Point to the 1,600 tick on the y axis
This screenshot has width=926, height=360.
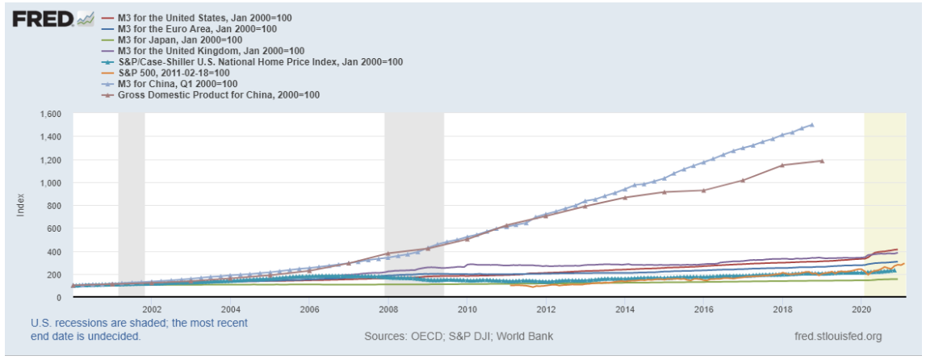50,114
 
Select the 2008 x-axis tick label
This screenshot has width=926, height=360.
388,309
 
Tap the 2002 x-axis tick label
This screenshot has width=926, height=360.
150,309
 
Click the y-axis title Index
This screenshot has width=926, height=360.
22,206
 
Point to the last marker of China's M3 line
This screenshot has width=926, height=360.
811,125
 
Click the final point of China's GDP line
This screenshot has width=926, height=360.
822,161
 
